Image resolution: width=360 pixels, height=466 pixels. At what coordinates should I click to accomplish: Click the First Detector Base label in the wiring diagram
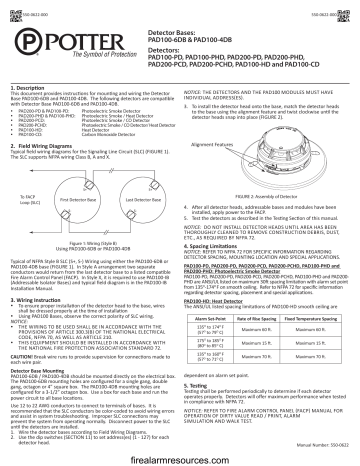click(x=77, y=199)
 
